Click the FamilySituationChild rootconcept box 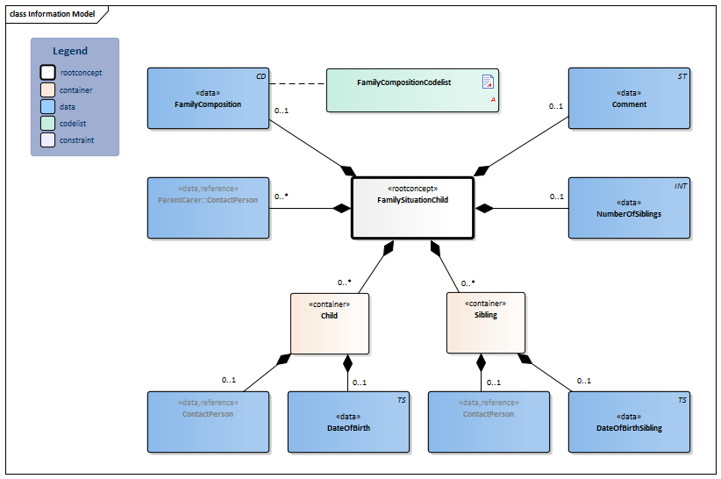click(412, 207)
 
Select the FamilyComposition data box click(208, 98)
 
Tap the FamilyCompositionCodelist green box click(412, 90)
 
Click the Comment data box click(629, 98)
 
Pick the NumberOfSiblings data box click(629, 208)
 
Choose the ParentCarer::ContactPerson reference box click(208, 208)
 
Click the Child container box click(329, 323)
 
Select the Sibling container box click(485, 323)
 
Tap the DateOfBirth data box click(349, 422)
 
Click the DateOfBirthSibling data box click(629, 422)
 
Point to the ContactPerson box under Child click(208, 422)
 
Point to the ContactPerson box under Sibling click(489, 422)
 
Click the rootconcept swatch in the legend click(47, 73)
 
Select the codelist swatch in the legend click(47, 123)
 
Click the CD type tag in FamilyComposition click(261, 77)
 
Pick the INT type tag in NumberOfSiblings click(681, 186)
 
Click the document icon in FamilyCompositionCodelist click(488, 82)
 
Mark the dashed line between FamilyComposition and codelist click(297, 85)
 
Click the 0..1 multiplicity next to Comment click(556, 106)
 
